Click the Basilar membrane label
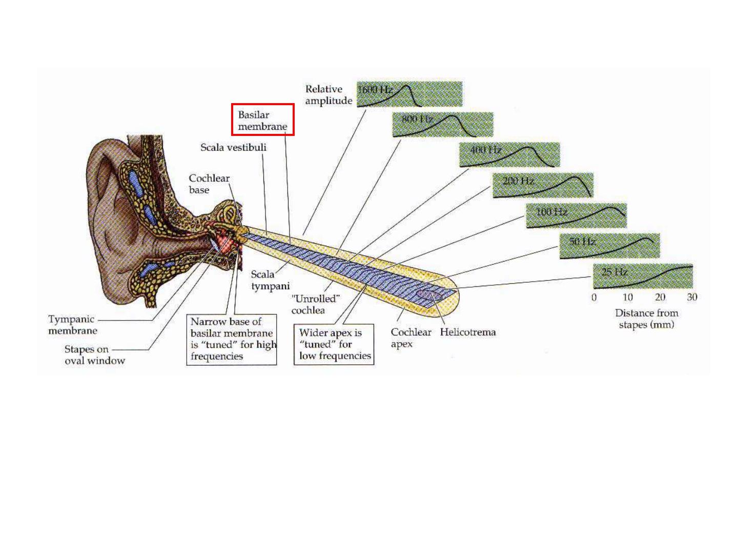point(262,120)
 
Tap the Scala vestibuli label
point(233,148)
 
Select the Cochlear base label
point(209,184)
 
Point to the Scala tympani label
point(270,280)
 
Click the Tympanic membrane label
point(72,325)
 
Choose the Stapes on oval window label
point(94,355)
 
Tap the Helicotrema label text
point(467,332)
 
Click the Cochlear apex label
point(411,338)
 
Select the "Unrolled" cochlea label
point(315,304)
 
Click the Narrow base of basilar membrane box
point(232,340)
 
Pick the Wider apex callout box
point(334,344)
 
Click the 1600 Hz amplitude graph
point(409,94)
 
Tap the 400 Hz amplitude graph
point(509,155)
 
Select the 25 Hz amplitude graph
point(643,276)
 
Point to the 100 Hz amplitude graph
point(576,215)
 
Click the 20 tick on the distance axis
point(660,297)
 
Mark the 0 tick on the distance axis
point(594,298)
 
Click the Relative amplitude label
point(329,95)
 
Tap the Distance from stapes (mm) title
point(646,319)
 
